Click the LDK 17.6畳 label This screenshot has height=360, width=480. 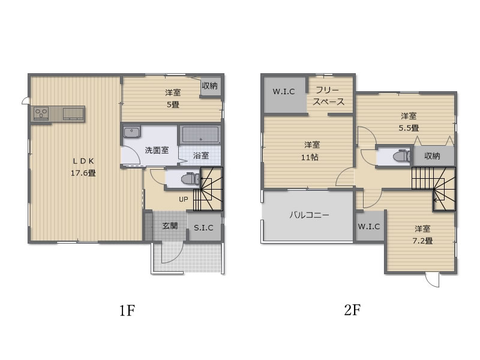tap(83, 167)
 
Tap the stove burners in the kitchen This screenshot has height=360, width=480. tap(41, 113)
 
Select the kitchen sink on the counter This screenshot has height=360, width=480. tap(73, 113)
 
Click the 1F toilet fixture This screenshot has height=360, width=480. tap(190, 178)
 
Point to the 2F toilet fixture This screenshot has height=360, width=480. tap(402, 156)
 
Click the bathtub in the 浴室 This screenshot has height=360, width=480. tap(200, 134)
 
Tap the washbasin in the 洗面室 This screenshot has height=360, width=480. tap(131, 132)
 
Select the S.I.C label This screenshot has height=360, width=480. tap(203, 228)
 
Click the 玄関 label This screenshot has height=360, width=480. tap(170, 226)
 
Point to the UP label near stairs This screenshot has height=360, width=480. tap(184, 199)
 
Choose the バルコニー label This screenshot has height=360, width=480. tap(309, 215)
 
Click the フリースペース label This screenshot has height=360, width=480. tap(328, 96)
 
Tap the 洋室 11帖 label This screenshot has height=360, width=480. tap(311, 151)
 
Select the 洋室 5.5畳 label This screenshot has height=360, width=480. tap(409, 122)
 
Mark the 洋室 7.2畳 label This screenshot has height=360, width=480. tap(422, 235)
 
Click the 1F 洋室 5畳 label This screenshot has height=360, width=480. tap(173, 98)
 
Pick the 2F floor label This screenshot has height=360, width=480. tap(352, 310)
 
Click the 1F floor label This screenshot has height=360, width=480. tap(127, 310)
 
